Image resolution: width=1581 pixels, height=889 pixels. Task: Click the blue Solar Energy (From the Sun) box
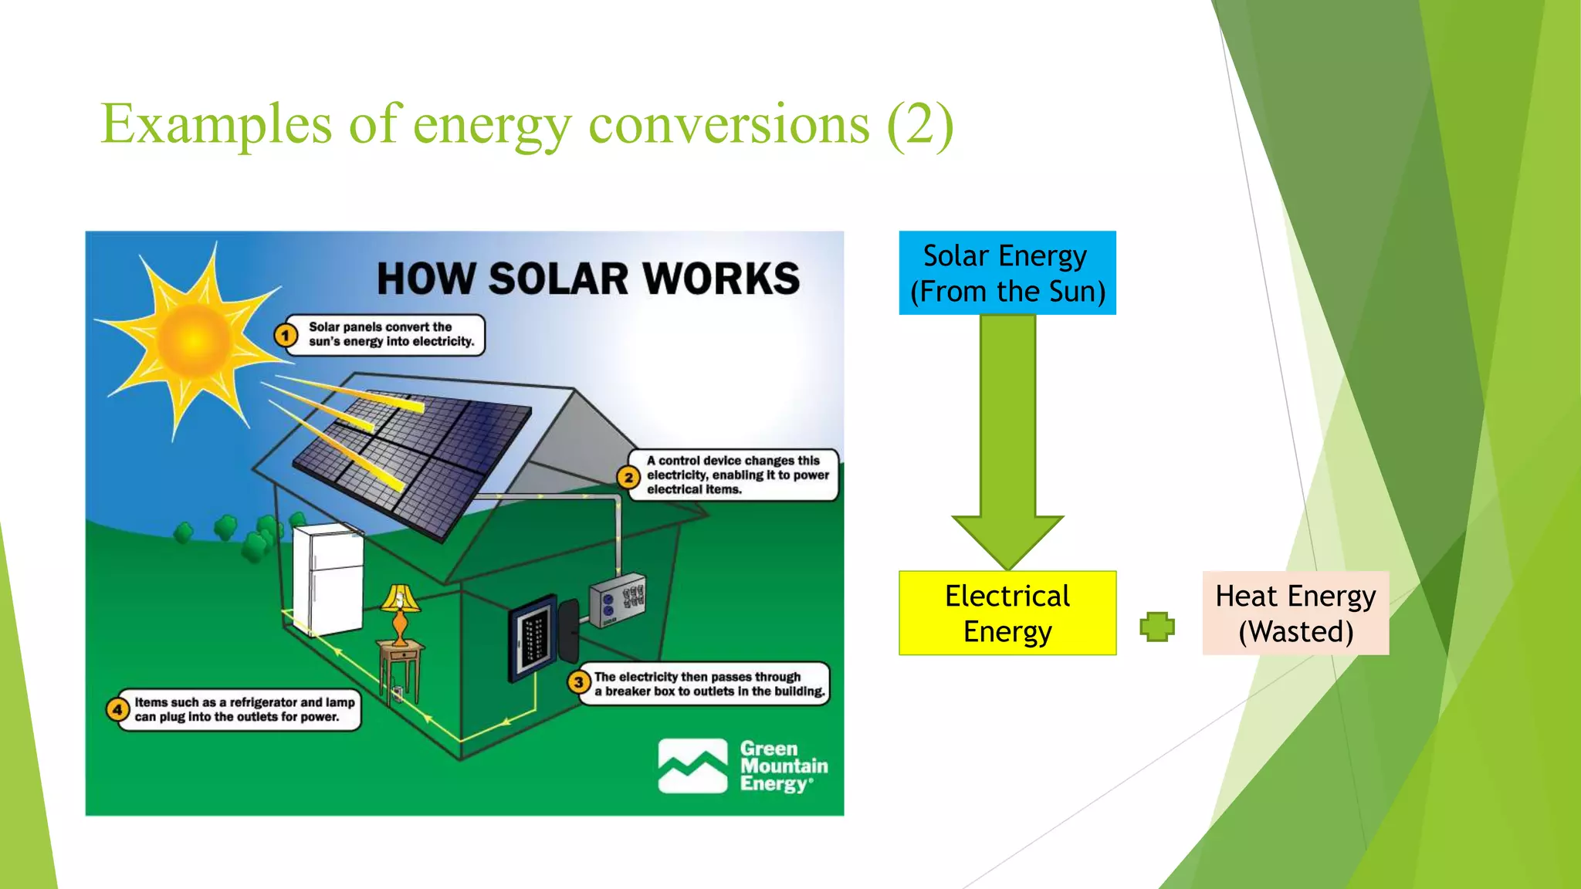(1007, 272)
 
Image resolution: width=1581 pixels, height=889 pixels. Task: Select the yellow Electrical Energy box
(1007, 613)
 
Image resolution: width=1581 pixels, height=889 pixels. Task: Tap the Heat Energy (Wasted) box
(1295, 613)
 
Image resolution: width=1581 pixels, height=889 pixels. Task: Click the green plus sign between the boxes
(1157, 626)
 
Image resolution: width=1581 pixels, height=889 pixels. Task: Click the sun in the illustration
(193, 337)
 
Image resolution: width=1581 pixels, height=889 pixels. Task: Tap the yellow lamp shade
(400, 599)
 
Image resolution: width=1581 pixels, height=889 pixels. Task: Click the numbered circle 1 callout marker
(286, 336)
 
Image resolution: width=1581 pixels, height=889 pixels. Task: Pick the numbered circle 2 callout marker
(628, 477)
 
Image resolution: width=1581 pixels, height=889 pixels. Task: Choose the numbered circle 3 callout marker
(578, 682)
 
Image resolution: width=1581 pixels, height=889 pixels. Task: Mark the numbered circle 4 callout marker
(117, 708)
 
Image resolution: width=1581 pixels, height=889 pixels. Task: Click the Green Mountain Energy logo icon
(692, 766)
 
